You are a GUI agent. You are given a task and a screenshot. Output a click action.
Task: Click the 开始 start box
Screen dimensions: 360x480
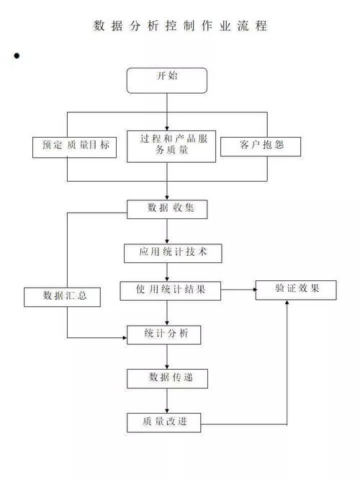(167, 81)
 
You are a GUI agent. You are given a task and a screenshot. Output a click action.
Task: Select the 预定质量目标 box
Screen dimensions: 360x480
(74, 147)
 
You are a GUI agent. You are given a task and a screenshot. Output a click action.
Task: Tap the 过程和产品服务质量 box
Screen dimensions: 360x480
(171, 146)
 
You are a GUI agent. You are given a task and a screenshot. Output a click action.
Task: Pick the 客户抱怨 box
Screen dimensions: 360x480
(261, 146)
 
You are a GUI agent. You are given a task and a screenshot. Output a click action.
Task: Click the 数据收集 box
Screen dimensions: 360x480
(167, 210)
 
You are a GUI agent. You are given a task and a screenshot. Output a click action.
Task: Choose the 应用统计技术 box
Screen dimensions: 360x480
(173, 253)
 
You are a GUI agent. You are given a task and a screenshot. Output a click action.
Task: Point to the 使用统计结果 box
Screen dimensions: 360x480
(171, 291)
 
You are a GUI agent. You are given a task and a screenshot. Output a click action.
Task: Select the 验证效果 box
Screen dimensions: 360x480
(296, 290)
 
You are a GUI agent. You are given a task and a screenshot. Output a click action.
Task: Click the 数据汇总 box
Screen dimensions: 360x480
(62, 297)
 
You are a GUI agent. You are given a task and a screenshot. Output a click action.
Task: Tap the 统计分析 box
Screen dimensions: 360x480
(164, 335)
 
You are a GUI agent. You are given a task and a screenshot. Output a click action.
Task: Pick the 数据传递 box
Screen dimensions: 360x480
(167, 378)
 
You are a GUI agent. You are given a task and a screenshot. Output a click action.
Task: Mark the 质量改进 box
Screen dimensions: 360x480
(164, 423)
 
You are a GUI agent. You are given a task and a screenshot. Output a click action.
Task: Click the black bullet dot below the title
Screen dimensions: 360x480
(17, 55)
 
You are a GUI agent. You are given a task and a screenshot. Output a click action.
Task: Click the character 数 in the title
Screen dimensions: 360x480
(99, 26)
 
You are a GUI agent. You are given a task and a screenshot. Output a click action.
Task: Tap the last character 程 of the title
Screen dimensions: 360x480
(261, 26)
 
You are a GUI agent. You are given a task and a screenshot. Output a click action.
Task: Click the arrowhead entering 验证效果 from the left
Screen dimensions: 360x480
(254, 290)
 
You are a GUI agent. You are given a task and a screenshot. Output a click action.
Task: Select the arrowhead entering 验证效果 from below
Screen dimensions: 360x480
(287, 302)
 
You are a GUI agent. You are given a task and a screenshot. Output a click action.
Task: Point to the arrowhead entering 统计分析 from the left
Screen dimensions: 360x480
(125, 337)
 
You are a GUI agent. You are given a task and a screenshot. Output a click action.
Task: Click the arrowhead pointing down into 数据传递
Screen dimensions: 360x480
(167, 368)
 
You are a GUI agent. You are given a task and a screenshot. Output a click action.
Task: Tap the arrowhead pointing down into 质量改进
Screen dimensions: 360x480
(167, 411)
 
